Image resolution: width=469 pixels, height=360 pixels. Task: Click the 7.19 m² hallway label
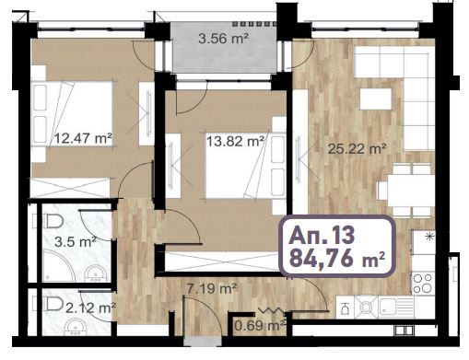(x=213, y=289)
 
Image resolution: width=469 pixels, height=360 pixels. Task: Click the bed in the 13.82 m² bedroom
(x=238, y=162)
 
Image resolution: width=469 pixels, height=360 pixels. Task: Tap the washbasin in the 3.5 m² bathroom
(x=95, y=273)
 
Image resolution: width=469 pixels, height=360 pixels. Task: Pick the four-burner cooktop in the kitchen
(x=426, y=277)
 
